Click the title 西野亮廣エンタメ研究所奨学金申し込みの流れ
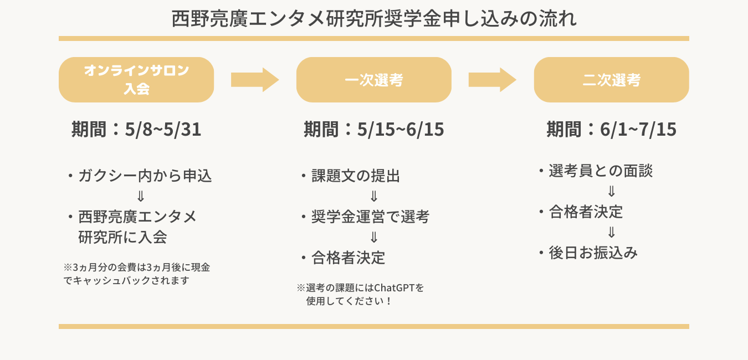point(374,19)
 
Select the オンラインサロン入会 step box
point(136,80)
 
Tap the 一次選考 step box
point(373,80)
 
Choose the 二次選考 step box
point(611,80)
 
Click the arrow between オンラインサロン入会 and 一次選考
point(254,80)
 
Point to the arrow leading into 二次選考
point(492,80)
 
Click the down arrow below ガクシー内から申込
point(141,197)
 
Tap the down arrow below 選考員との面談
point(611,192)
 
